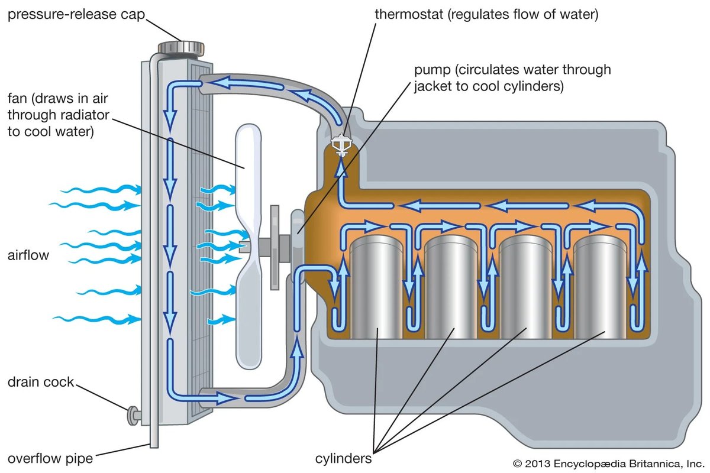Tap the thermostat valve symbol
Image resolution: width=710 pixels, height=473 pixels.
click(x=341, y=144)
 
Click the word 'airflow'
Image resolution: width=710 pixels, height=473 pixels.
click(x=28, y=255)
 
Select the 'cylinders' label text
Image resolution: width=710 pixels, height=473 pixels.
click(x=344, y=458)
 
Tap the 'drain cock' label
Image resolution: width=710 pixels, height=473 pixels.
click(x=41, y=382)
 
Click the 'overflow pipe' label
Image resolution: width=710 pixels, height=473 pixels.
click(x=50, y=458)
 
